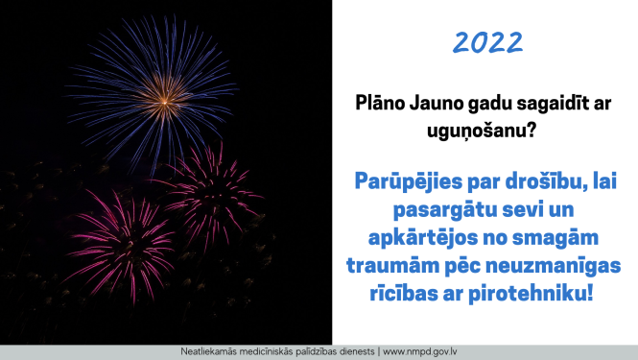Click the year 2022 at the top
[487, 42]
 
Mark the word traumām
[399, 264]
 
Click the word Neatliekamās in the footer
[211, 351]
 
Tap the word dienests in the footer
[353, 351]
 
